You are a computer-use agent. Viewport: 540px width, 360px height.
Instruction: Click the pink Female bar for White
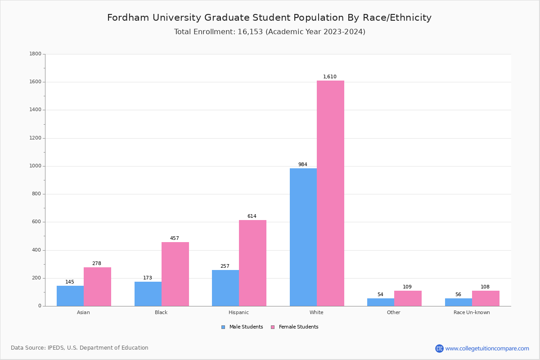330,193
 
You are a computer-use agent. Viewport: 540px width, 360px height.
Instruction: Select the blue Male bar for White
303,237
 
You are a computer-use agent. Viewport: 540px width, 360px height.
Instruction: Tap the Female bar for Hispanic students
252,263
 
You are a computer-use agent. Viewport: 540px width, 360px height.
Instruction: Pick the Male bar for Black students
148,294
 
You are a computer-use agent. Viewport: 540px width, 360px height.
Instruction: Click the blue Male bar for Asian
70,296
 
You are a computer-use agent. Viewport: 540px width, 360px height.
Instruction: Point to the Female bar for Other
408,298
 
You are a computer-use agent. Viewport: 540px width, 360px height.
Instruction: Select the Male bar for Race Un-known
459,302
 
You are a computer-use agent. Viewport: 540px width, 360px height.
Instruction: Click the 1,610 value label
330,77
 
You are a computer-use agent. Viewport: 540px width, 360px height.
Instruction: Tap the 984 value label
303,165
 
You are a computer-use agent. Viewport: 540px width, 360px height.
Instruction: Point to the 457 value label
175,238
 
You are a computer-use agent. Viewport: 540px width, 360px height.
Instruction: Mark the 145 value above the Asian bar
70,282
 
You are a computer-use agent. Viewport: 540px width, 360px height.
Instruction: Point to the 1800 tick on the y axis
35,54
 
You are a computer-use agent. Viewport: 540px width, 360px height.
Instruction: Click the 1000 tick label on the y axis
35,166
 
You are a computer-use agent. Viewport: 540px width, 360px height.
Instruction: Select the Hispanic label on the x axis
238,312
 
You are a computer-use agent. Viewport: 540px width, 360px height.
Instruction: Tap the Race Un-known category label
472,312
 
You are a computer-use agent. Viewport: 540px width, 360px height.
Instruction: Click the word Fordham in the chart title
126,18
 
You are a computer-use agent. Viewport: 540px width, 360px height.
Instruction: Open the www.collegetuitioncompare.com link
487,348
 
